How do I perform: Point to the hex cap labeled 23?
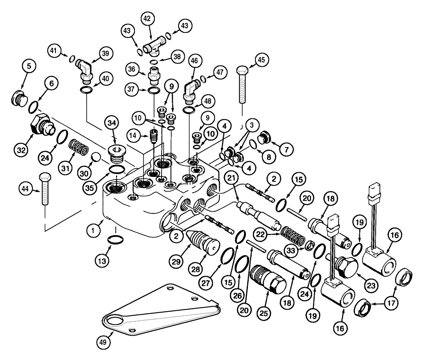pyautogui.click(x=346, y=265)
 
